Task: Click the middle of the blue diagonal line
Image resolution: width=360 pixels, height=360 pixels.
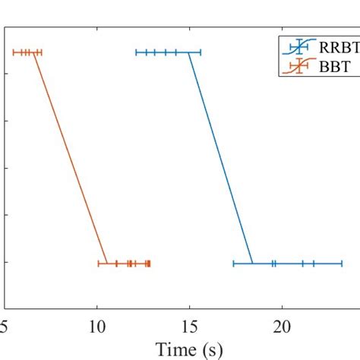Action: coord(220,158)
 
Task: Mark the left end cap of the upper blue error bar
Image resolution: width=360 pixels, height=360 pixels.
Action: coord(136,52)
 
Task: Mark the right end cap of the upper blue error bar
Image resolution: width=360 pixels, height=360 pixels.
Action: coord(201,52)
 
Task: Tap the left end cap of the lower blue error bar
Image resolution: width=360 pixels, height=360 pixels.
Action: coord(233,264)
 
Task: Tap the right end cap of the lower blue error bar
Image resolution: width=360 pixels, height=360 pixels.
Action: coord(342,264)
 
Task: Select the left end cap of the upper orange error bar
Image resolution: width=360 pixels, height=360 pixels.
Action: coord(14,52)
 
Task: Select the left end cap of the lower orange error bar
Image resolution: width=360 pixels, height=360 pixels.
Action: coord(99,264)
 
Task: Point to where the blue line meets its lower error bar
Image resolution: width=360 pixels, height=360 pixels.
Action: coord(252,264)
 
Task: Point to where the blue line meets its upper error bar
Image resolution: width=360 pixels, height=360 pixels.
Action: coord(188,52)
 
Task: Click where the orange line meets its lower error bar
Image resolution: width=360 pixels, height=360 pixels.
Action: coord(106,264)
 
